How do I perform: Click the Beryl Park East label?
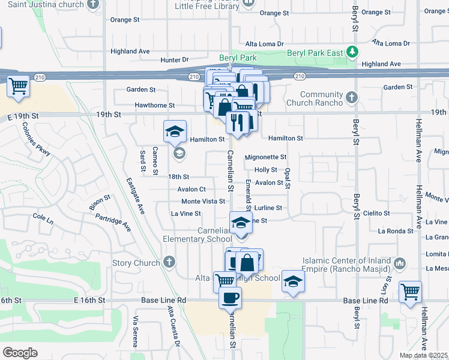pos(315,53)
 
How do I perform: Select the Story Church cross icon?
pos(170,262)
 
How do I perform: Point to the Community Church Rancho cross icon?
pos(352,97)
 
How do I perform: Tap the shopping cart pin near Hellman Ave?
pos(411,292)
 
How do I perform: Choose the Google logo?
pos(20,353)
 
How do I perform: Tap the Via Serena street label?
pos(136,331)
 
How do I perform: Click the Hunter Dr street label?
pos(175,60)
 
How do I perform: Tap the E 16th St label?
pos(89,300)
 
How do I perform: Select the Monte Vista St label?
pos(203,201)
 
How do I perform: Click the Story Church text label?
pos(136,263)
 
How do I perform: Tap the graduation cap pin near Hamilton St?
pos(175,132)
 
